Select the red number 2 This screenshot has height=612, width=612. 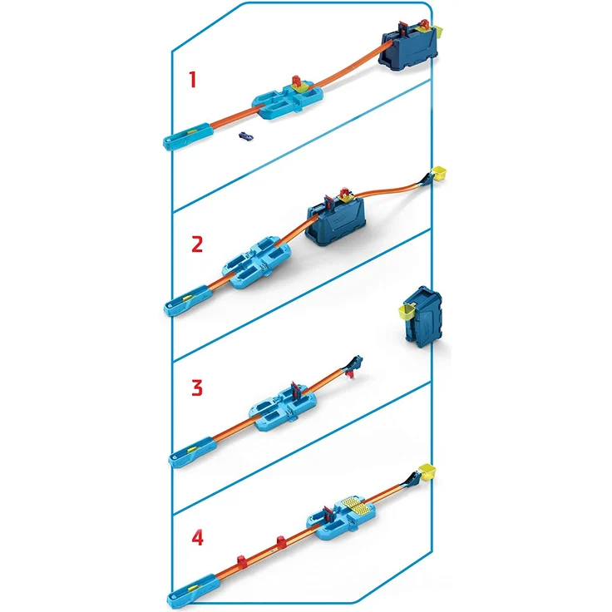tap(196, 244)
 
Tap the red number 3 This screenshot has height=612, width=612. tap(196, 387)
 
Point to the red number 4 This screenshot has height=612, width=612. tap(196, 537)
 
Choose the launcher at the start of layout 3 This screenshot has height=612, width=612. tap(185, 454)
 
